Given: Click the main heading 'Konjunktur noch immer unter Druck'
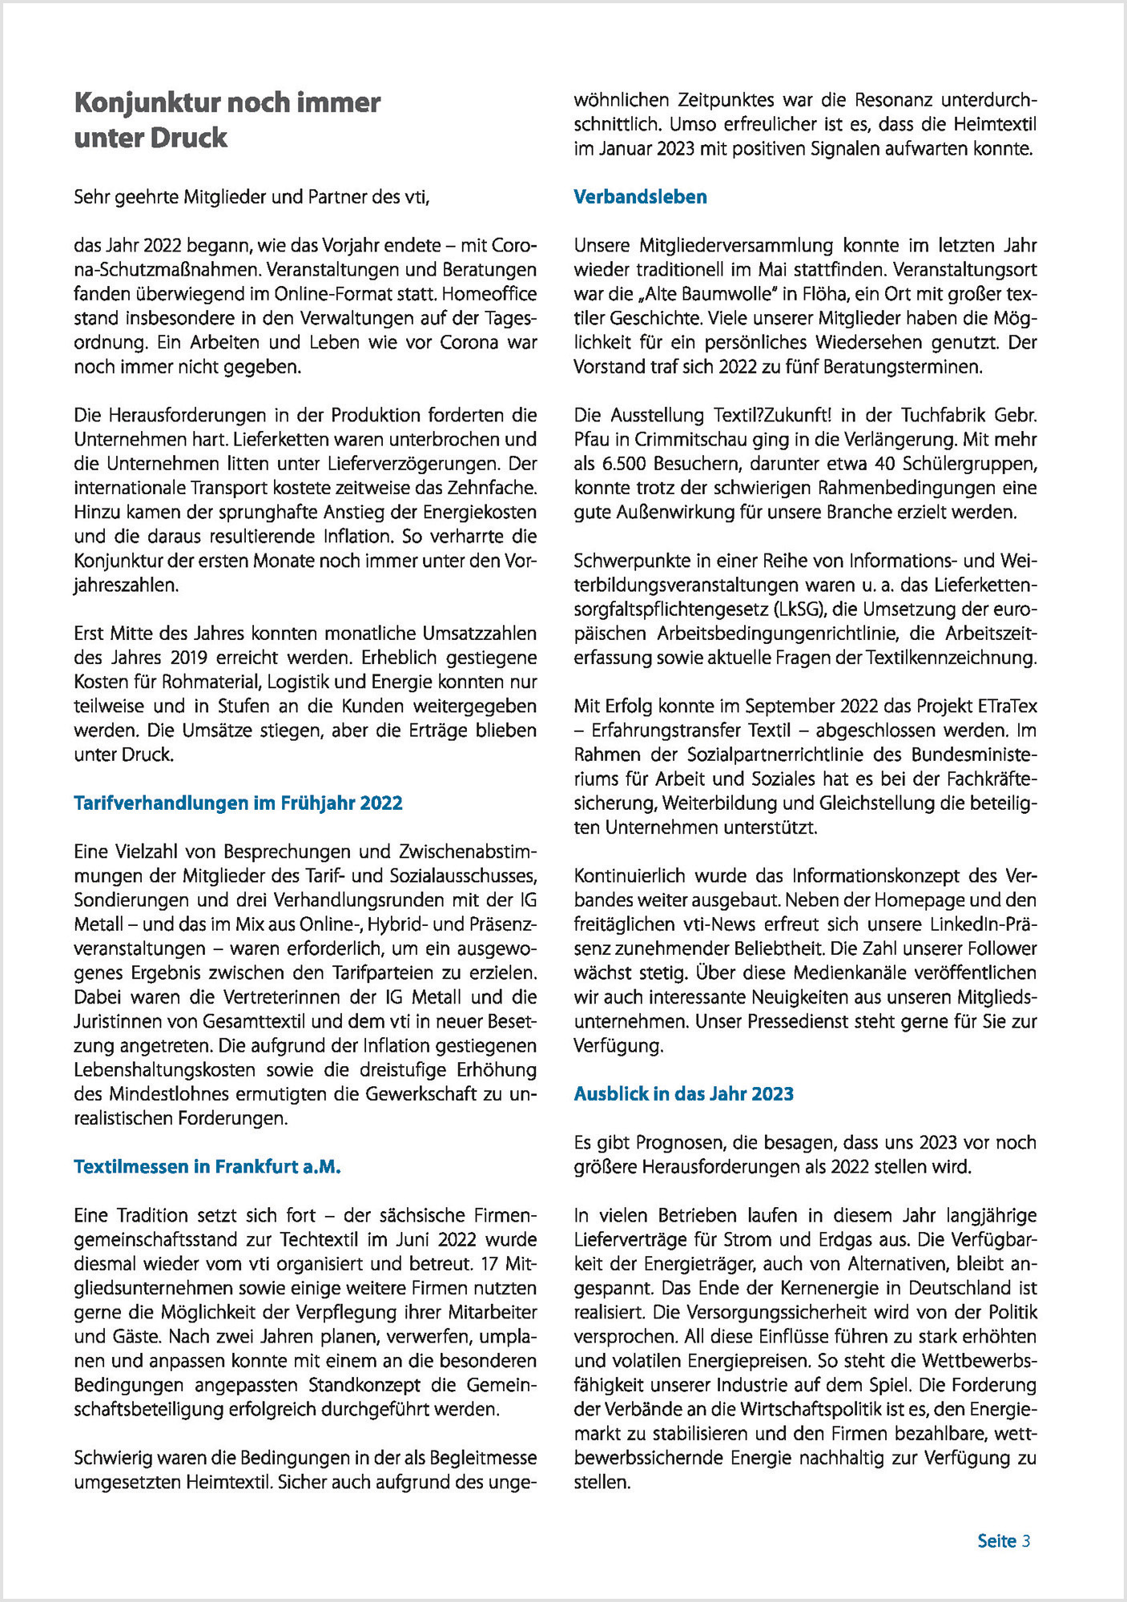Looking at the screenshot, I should (227, 120).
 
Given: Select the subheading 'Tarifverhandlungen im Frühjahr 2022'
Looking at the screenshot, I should (238, 803).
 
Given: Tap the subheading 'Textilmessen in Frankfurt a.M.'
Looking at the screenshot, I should (207, 1166).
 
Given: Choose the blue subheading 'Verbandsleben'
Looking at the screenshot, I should (640, 197).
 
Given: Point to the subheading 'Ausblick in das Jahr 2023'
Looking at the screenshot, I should (683, 1094).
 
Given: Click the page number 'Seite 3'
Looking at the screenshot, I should (1004, 1540).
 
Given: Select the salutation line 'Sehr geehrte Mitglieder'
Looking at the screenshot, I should (252, 197).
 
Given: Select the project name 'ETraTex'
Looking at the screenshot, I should (1007, 706).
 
